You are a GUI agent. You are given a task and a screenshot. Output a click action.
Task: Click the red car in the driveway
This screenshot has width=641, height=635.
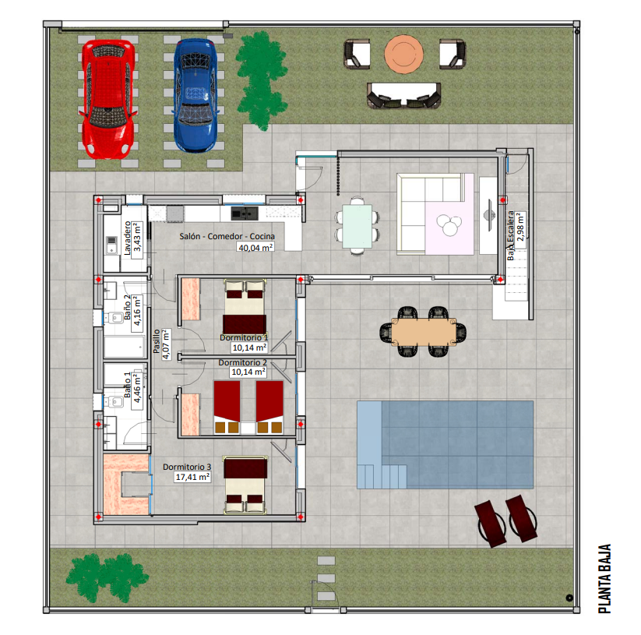[x=108, y=99]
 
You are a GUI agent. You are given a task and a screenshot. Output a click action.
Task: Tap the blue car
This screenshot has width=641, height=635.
[x=195, y=95]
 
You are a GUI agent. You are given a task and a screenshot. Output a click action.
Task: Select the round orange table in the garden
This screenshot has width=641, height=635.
[x=403, y=54]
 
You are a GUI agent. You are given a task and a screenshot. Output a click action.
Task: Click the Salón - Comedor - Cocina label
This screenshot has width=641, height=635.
[x=227, y=236]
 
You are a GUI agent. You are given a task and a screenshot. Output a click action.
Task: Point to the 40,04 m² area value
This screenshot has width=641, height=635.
[x=255, y=247]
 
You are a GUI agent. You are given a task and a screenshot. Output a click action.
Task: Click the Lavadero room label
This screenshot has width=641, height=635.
[x=128, y=238]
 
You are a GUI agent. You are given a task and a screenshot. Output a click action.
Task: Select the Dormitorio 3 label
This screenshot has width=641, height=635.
[x=187, y=467]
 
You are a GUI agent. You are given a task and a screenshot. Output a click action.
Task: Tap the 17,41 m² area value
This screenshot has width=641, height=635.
[x=192, y=477]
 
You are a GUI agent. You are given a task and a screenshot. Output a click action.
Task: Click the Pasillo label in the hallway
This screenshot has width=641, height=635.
[x=157, y=341]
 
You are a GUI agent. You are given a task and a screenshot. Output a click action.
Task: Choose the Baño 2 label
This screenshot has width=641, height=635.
[x=128, y=307]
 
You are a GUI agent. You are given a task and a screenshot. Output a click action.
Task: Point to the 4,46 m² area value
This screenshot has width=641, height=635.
[x=137, y=388]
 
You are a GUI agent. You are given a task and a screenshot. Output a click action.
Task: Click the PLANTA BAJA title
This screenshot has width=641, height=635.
[x=604, y=579]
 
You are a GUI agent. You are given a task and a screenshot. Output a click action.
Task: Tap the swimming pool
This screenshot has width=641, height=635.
[x=446, y=445]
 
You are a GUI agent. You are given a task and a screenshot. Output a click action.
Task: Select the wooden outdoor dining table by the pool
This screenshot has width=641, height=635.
[x=424, y=332]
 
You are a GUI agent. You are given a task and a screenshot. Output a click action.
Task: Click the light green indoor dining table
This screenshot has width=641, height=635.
[x=357, y=226]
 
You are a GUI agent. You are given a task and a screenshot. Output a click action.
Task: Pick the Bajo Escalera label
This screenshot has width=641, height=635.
[x=511, y=235]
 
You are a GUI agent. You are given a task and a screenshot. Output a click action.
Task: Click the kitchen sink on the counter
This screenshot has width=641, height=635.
[x=245, y=213]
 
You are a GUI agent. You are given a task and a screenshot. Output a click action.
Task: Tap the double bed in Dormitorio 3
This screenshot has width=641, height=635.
[x=245, y=485]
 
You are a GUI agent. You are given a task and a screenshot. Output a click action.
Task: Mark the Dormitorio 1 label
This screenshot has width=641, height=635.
[x=244, y=337]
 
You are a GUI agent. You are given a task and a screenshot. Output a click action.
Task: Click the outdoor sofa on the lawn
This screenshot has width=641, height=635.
[x=404, y=96]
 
